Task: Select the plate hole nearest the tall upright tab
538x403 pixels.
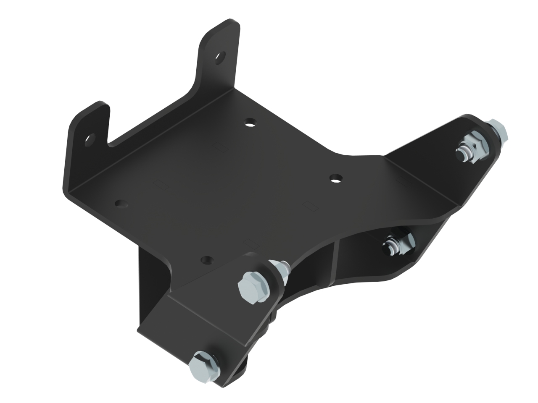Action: (x=251, y=122)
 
